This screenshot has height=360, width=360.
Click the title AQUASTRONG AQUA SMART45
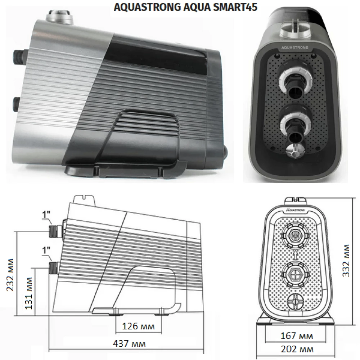185,7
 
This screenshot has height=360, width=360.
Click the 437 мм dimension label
129,343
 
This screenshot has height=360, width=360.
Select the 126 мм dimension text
138,326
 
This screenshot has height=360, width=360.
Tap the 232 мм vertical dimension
10,275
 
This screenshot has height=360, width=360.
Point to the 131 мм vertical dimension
28,293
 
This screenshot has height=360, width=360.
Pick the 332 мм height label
346,260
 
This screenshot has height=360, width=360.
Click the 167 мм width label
297,336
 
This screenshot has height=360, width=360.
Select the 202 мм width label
297,349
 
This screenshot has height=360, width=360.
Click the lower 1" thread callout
46,250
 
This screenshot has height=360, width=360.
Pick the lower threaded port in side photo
18,105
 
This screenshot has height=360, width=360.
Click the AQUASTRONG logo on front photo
295,48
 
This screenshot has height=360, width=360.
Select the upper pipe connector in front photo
295,83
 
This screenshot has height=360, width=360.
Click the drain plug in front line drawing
295,300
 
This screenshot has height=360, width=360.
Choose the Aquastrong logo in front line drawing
296,210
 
